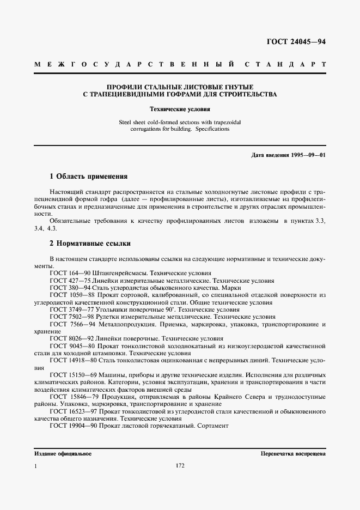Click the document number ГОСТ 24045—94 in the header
[295, 42]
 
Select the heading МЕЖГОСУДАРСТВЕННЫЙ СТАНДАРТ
[180, 64]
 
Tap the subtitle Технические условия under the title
[180, 109]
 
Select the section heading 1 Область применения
[88, 177]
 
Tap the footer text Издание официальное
[63, 453]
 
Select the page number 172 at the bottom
[180, 466]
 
